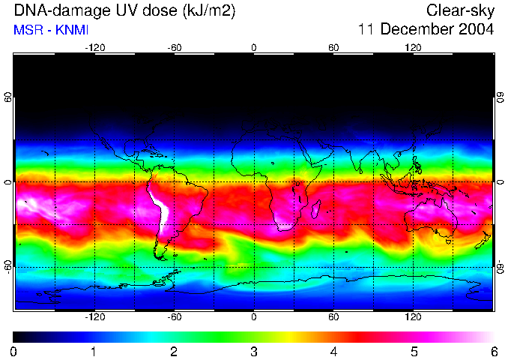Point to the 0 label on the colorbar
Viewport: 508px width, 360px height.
[x=14, y=351]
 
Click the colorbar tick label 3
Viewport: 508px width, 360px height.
[x=253, y=351]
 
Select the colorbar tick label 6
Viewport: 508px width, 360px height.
[x=493, y=351]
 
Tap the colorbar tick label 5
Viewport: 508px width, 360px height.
[x=413, y=351]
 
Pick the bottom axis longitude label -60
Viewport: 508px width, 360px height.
[x=174, y=316]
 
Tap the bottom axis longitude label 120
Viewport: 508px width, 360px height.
[x=413, y=316]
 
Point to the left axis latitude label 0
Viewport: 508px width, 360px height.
[x=7, y=182]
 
